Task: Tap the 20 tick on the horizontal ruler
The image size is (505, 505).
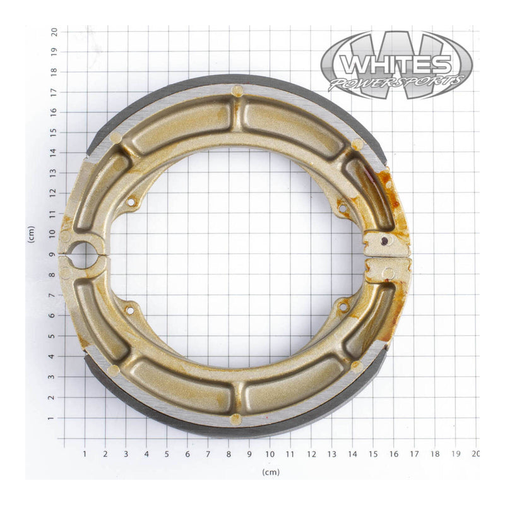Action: point(475,453)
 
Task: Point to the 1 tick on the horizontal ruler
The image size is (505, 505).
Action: point(85,453)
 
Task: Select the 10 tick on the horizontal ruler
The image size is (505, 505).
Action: point(270,453)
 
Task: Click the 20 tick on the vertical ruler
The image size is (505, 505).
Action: point(55,30)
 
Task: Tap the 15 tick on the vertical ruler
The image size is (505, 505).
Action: point(55,132)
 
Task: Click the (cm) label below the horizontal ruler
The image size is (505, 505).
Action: point(271,472)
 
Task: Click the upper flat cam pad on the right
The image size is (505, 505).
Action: point(386,240)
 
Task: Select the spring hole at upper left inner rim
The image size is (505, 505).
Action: point(131,203)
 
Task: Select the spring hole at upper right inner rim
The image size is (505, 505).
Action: point(343,207)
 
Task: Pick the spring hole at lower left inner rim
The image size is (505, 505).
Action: point(130,310)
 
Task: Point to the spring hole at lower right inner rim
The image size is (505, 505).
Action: point(343,307)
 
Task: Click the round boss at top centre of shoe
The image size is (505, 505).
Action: point(237,91)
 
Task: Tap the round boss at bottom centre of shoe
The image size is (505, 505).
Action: point(235,418)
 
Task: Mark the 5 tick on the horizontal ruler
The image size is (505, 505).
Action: point(167,453)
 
